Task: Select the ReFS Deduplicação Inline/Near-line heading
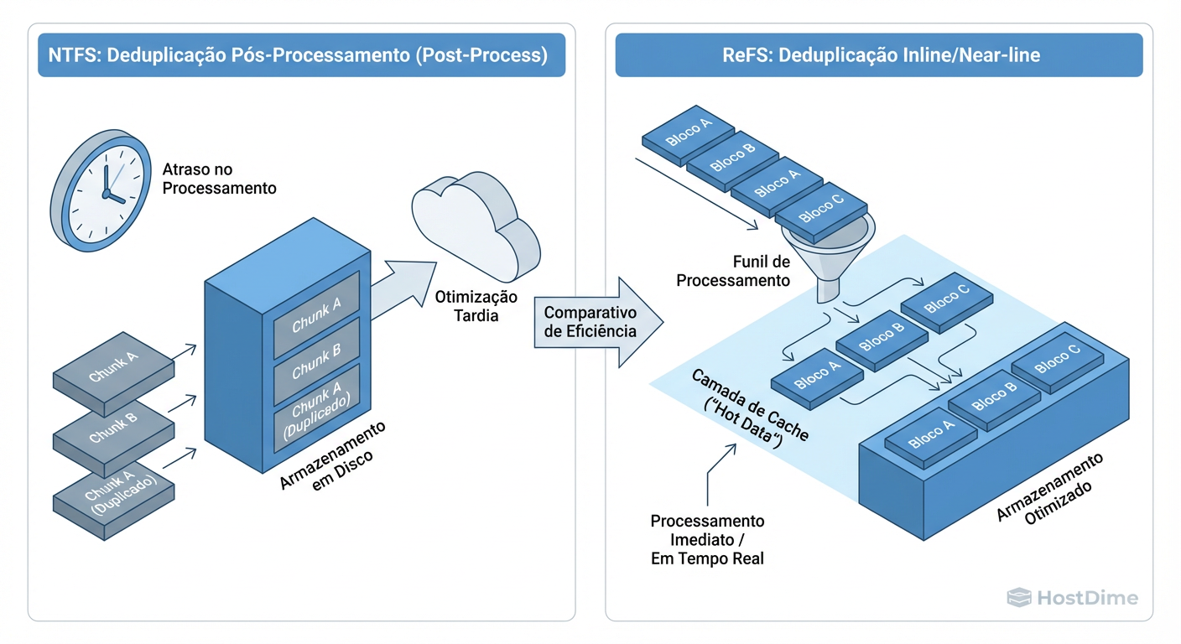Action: (879, 56)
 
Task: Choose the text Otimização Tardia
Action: (476, 307)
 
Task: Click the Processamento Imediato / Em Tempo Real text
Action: (707, 539)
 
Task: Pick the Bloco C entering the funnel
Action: (821, 206)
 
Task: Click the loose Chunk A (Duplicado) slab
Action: (112, 491)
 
